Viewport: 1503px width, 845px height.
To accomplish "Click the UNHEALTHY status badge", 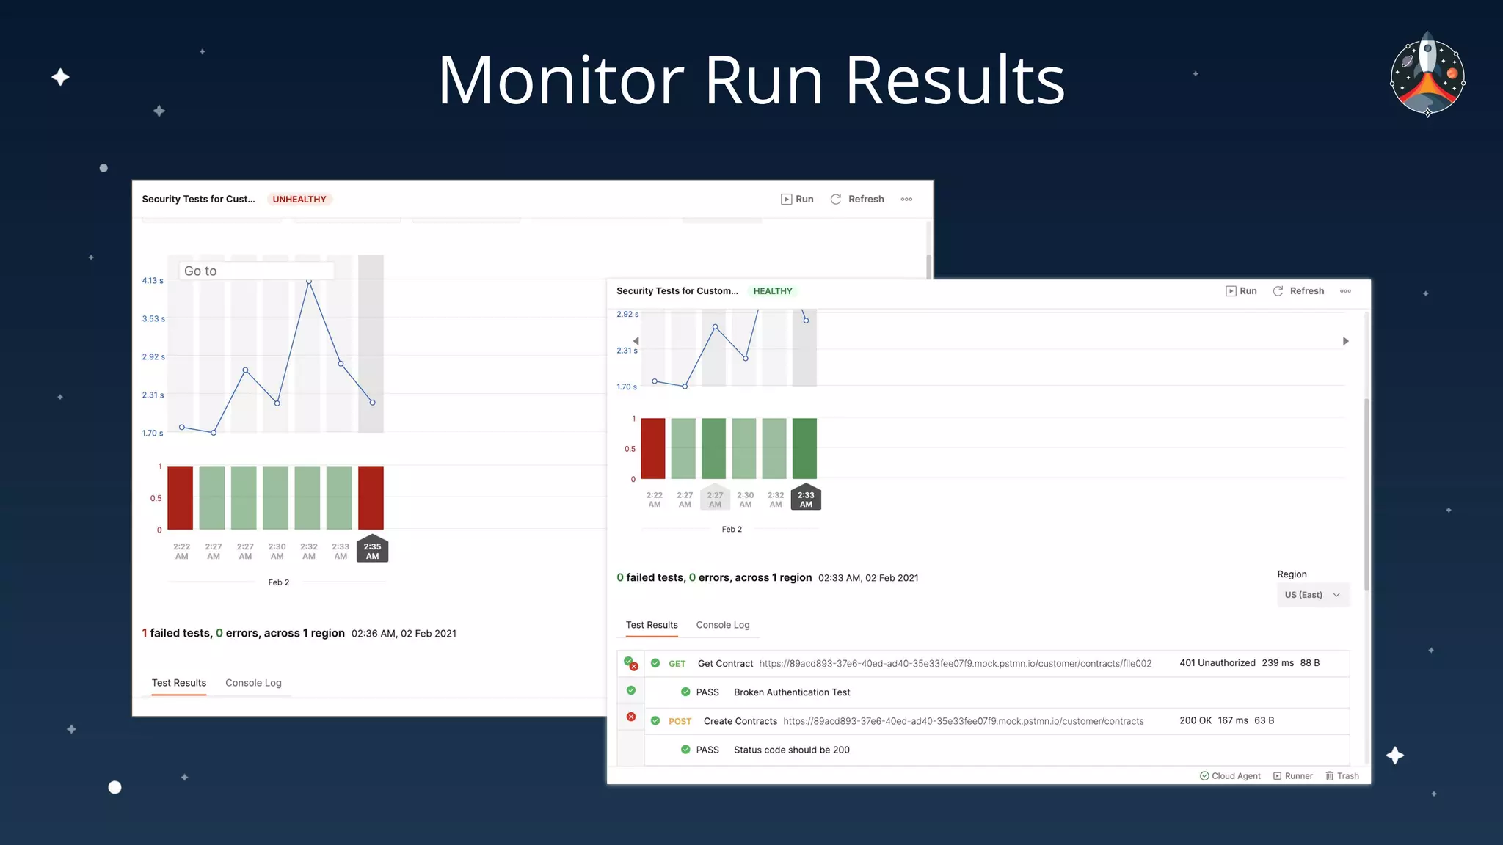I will (x=299, y=200).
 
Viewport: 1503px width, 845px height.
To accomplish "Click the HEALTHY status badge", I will (x=772, y=291).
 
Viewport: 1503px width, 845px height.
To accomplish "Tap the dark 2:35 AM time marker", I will (x=372, y=551).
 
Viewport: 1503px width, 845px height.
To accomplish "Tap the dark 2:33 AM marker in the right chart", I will (x=806, y=499).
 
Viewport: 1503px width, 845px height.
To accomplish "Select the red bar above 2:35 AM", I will (x=371, y=497).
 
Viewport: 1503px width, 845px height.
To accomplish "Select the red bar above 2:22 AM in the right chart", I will (x=653, y=448).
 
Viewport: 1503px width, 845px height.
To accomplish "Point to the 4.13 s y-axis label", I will (x=153, y=281).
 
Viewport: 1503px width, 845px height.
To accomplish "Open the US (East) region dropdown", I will (x=1312, y=595).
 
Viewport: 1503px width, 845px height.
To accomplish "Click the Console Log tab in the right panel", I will (x=722, y=625).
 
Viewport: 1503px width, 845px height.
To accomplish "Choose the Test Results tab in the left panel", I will (x=179, y=683).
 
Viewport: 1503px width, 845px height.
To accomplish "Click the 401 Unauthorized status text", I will (x=1217, y=663).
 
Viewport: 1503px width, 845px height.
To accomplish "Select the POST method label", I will (x=680, y=721).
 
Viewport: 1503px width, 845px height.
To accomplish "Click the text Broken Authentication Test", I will (x=792, y=692).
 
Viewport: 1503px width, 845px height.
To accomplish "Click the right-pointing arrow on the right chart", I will (x=1345, y=341).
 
